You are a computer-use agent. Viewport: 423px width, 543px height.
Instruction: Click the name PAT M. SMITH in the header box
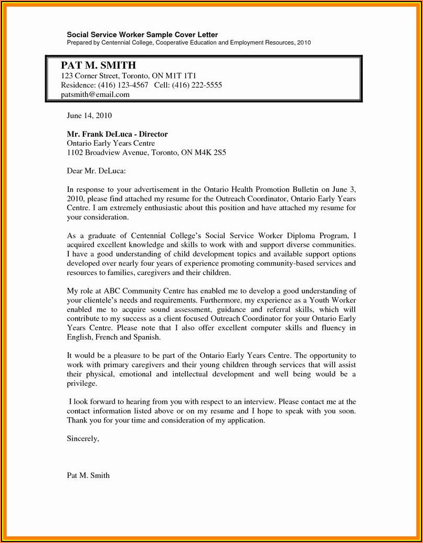(98, 66)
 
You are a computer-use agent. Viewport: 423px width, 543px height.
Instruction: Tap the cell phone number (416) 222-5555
(197, 85)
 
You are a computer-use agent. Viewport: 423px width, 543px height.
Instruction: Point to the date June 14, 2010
(89, 115)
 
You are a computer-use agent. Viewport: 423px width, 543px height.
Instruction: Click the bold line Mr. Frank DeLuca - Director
(117, 134)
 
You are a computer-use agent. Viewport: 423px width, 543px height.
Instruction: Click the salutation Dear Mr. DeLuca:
(97, 171)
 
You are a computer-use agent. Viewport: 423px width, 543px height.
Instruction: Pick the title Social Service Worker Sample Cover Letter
(142, 35)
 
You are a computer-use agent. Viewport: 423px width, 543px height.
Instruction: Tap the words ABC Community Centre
(134, 291)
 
